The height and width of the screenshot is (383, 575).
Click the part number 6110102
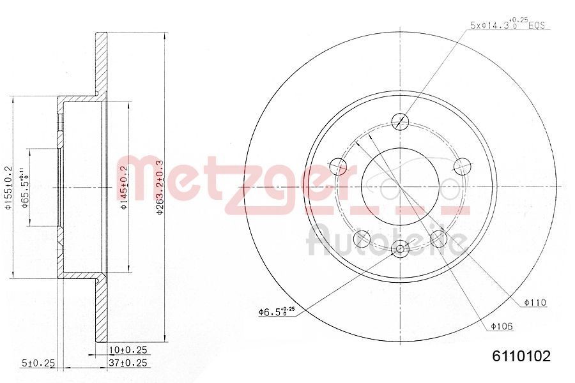click(x=520, y=356)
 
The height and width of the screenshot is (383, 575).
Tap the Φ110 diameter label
click(x=535, y=302)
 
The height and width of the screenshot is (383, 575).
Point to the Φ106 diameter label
click(x=502, y=326)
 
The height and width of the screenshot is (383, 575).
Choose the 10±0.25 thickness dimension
click(x=129, y=350)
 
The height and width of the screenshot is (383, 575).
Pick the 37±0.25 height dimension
click(x=129, y=363)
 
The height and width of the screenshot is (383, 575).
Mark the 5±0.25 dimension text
click(x=39, y=363)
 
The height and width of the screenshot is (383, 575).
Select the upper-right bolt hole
click(x=461, y=166)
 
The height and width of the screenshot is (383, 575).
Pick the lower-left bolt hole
click(x=362, y=238)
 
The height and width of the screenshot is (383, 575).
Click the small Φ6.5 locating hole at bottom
click(x=401, y=250)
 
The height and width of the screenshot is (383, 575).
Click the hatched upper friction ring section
click(x=101, y=64)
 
